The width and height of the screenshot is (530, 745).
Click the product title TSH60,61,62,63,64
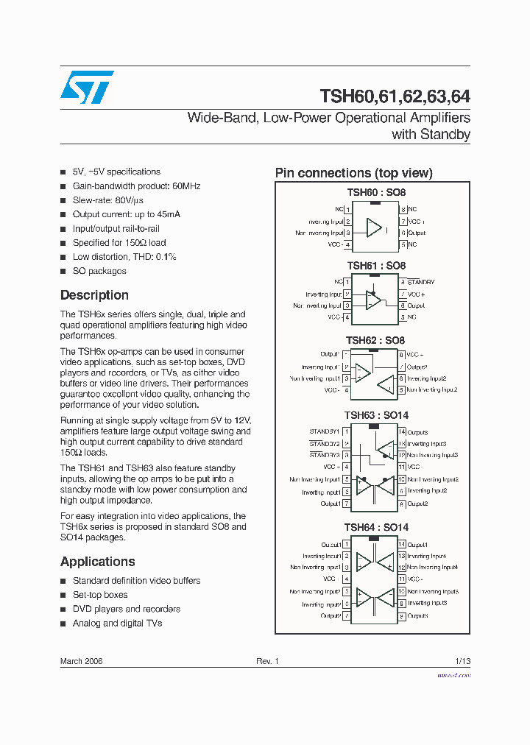click(395, 96)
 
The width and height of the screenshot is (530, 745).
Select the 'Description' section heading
click(94, 295)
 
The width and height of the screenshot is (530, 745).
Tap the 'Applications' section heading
click(97, 562)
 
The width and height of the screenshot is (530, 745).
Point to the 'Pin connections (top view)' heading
click(353, 173)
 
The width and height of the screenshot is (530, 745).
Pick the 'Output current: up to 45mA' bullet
click(126, 214)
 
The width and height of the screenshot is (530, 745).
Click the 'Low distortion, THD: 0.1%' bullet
click(124, 257)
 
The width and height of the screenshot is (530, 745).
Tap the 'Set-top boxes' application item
click(100, 595)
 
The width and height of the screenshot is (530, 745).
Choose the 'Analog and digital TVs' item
click(117, 623)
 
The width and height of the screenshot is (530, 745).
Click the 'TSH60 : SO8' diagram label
click(372, 192)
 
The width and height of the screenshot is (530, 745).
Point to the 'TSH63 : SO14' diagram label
click(376, 415)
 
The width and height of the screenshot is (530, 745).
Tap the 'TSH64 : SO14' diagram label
click(376, 527)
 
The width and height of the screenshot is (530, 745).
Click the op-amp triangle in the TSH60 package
click(374, 227)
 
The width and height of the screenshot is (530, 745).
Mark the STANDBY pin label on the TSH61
click(420, 282)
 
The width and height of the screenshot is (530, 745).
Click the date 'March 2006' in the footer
click(81, 661)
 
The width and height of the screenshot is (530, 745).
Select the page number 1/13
click(462, 661)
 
